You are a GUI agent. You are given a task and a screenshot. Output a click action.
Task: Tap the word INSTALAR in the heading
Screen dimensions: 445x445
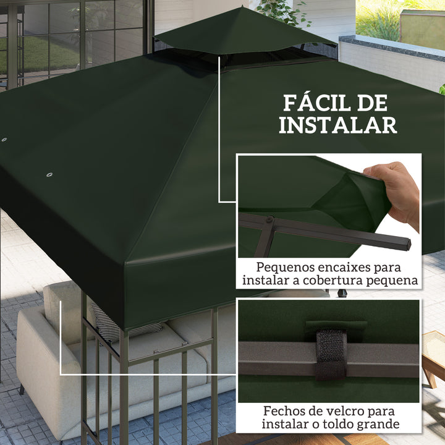pyautogui.click(x=337, y=125)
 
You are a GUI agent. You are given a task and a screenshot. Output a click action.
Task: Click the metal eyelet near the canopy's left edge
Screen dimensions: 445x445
pyautogui.click(x=4, y=140)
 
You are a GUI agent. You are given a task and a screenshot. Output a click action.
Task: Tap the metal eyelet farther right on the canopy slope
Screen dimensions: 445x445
pyautogui.click(x=49, y=176)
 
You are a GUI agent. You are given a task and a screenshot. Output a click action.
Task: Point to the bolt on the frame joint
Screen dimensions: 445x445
pyautogui.click(x=269, y=220)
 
